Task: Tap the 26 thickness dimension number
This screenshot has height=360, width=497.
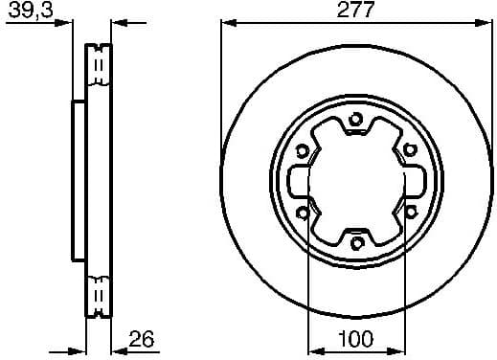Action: (142, 338)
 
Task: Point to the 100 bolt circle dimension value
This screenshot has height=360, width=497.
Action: (355, 338)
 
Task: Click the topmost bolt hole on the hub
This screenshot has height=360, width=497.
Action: (355, 119)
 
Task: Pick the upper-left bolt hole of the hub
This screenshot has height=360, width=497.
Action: (303, 149)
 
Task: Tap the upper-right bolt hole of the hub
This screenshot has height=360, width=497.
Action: (409, 148)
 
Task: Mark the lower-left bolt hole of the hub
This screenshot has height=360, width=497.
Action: (303, 212)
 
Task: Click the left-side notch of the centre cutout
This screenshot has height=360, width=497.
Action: (296, 181)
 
